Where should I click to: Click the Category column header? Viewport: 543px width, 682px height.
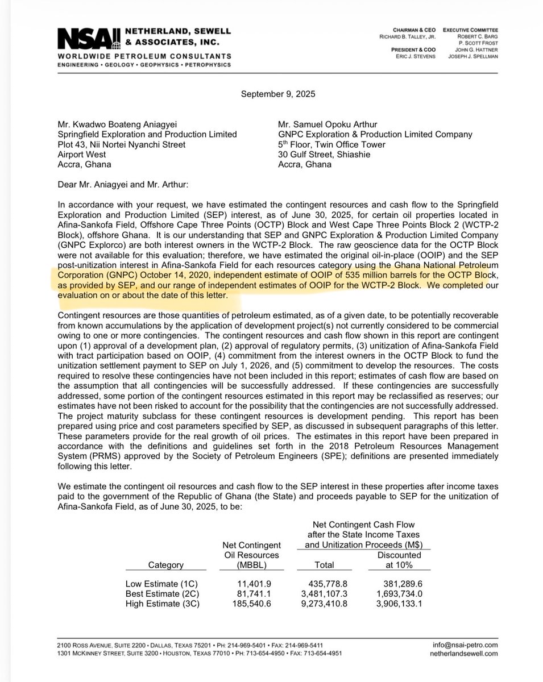tap(165, 565)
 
